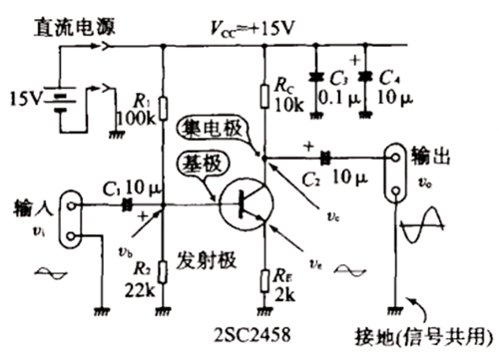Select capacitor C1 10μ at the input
[127, 205]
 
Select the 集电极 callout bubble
[208, 128]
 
